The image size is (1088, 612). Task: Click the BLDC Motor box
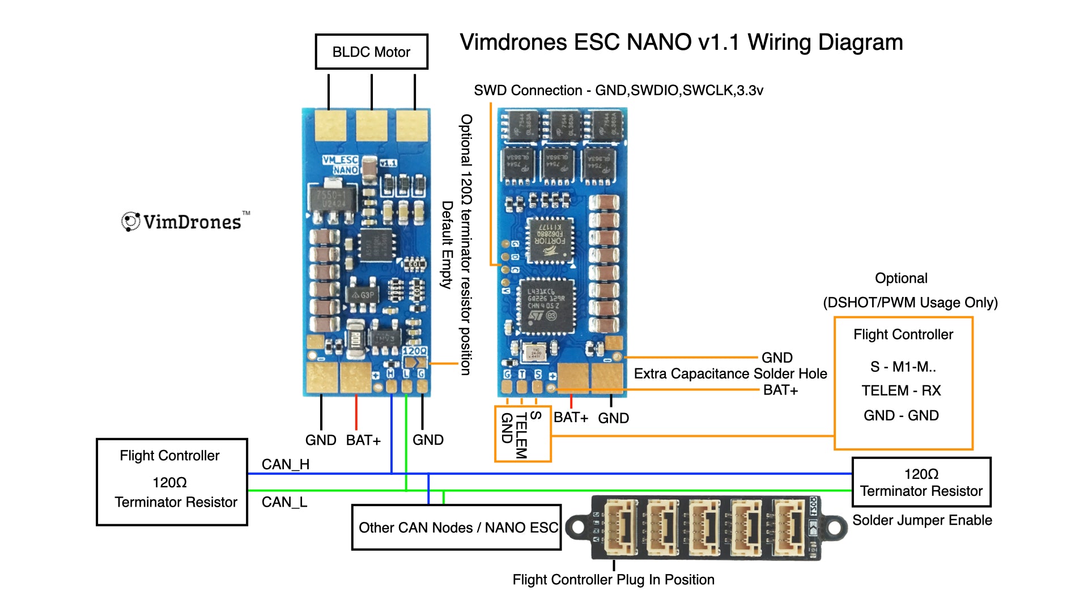pos(371,52)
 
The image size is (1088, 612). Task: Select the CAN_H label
pos(286,465)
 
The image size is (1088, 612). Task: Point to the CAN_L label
pos(284,502)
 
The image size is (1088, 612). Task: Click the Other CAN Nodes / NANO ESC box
pos(457,528)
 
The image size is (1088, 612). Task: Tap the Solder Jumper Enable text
pos(922,520)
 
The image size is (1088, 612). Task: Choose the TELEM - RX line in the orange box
pos(901,390)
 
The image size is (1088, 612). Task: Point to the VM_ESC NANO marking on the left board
pos(341,165)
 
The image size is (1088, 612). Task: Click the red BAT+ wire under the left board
pos(356,412)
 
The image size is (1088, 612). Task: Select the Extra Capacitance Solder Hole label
pos(730,374)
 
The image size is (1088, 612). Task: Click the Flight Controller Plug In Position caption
pos(613,580)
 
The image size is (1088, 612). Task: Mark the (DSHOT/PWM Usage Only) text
pos(910,303)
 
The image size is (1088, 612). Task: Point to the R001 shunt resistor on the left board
pos(355,340)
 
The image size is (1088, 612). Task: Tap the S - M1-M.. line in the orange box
pos(903,367)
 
